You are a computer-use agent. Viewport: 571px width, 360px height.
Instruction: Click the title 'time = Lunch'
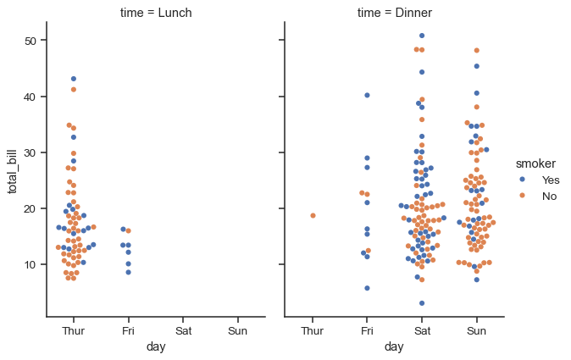(155, 13)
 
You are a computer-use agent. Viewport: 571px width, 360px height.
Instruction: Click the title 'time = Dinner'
(395, 13)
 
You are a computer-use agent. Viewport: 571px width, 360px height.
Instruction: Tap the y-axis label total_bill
(14, 169)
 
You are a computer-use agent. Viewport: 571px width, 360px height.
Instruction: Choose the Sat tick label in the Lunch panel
(183, 330)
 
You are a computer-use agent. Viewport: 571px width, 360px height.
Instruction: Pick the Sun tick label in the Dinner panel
(476, 330)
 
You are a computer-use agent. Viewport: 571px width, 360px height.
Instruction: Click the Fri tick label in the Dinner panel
(366, 330)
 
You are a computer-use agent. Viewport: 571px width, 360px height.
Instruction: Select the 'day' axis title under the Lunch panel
(155, 346)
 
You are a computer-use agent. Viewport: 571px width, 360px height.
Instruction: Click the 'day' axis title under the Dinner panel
(394, 346)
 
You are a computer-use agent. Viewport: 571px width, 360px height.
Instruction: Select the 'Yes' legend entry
(551, 180)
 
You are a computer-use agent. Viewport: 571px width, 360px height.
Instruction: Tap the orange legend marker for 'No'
(523, 196)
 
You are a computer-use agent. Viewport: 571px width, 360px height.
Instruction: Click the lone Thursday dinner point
(313, 215)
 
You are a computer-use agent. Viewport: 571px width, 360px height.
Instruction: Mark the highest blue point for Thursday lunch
(74, 79)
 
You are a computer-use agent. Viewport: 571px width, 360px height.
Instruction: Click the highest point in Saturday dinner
(422, 36)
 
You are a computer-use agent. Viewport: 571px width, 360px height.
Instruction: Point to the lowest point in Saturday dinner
(422, 302)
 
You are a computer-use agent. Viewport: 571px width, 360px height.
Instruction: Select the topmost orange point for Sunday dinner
(476, 51)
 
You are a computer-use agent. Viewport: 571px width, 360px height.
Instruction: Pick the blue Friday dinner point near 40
(367, 95)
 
